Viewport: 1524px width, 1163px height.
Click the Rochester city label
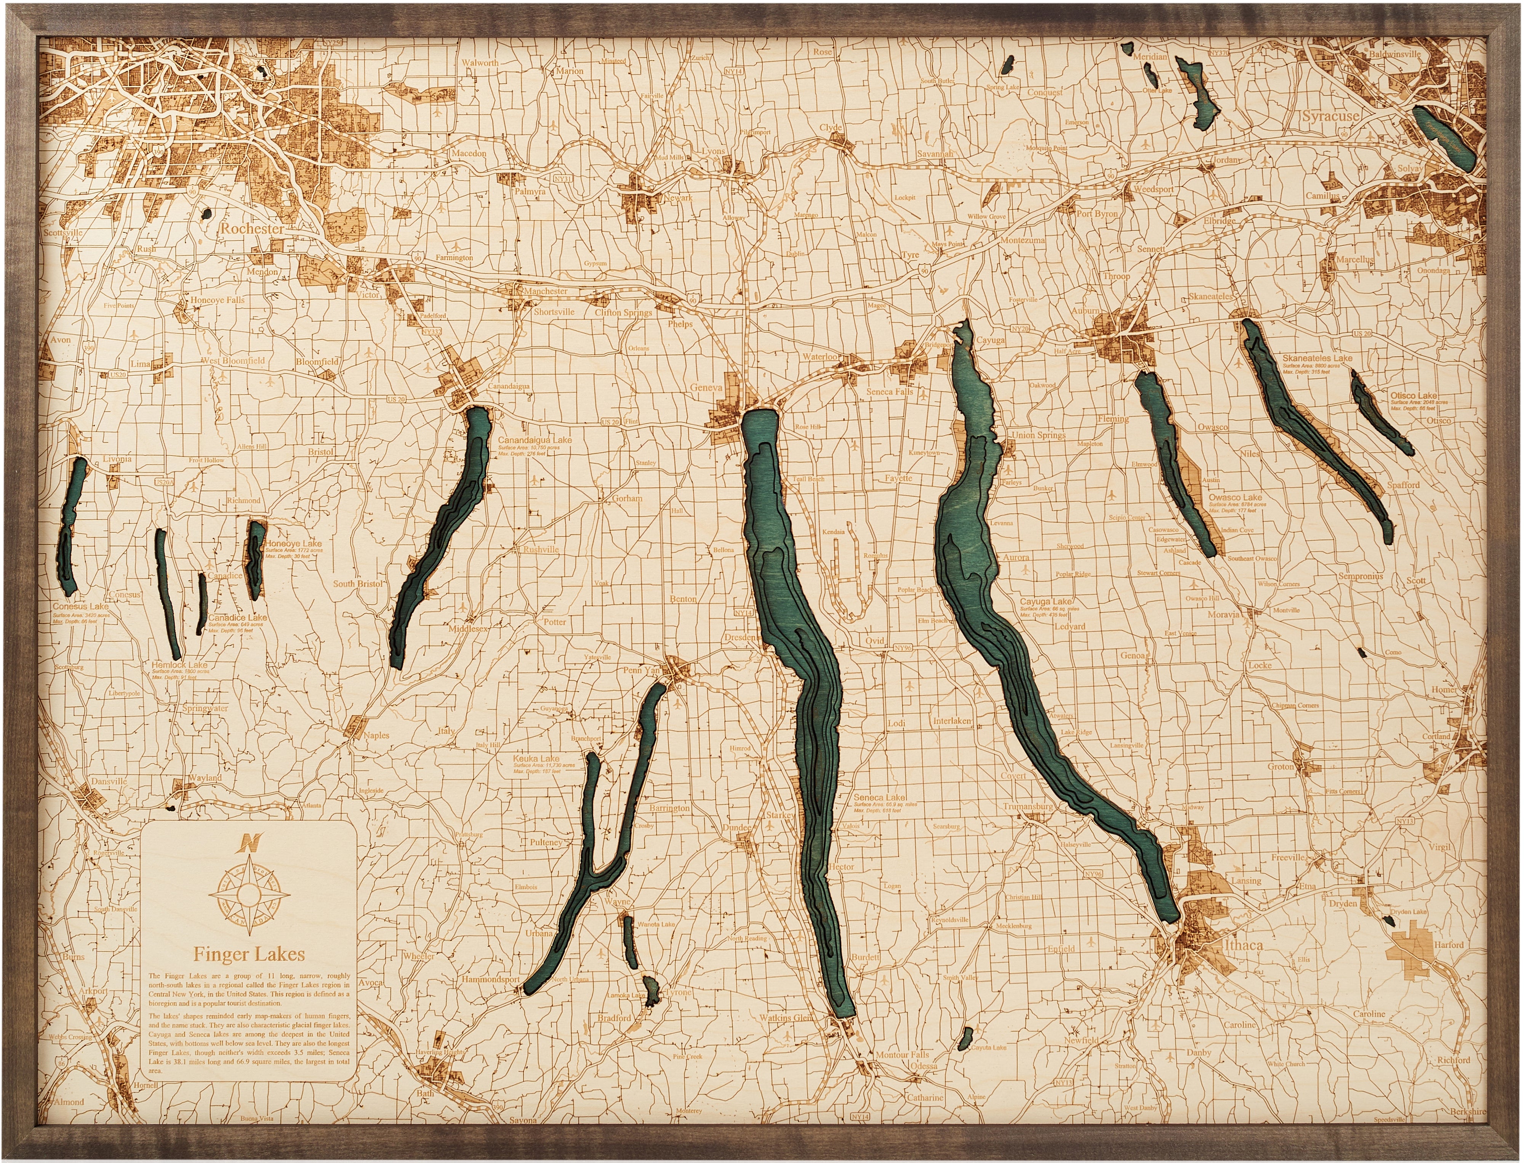pos(252,229)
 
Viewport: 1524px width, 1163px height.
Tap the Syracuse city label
pos(1330,116)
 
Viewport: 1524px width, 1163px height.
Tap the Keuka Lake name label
pos(536,759)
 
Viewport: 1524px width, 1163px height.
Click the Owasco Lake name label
pos(1236,497)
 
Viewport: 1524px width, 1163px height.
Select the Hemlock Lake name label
pos(179,665)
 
